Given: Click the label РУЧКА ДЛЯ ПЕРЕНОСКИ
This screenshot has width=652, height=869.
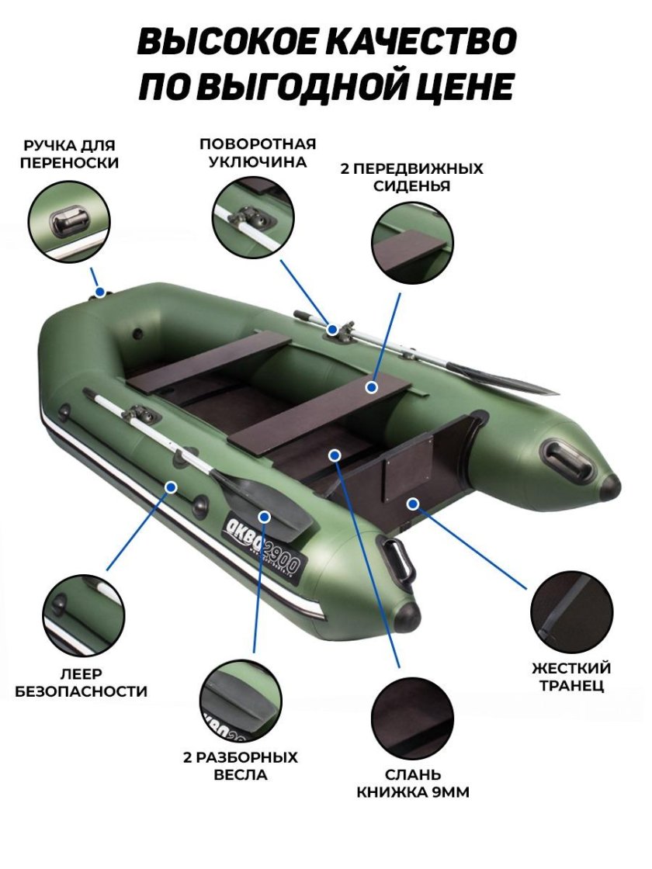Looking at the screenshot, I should [x=70, y=154].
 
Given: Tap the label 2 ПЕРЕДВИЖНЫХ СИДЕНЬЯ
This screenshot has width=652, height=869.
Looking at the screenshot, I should [x=411, y=177].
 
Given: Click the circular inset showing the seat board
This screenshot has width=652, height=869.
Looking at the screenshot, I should [x=412, y=241].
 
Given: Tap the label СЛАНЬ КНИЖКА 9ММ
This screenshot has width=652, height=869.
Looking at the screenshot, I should [x=413, y=784].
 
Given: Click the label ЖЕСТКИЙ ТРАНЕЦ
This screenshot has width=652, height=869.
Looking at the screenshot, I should [x=571, y=677].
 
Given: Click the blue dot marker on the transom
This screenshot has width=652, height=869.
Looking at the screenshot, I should [x=413, y=504].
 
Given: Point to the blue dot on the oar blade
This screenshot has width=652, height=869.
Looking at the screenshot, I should [x=265, y=516].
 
